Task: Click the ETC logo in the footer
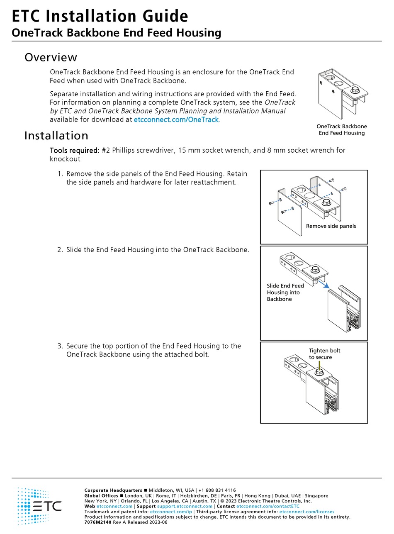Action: click(x=39, y=506)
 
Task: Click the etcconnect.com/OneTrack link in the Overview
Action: click(x=176, y=120)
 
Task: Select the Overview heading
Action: click(x=51, y=57)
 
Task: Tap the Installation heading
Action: click(x=56, y=136)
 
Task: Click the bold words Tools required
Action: click(x=75, y=150)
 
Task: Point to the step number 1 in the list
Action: click(x=60, y=174)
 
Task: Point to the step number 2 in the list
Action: click(x=60, y=250)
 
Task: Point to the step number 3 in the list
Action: click(x=60, y=346)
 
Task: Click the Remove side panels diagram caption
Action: click(x=331, y=226)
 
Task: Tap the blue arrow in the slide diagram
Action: click(x=324, y=284)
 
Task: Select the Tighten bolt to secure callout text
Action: click(x=324, y=354)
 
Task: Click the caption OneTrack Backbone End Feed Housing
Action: click(x=341, y=129)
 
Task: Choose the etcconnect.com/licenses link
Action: click(x=306, y=512)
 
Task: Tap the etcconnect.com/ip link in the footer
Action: click(x=171, y=512)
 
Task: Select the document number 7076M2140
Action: click(x=98, y=522)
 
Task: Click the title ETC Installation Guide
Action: click(x=100, y=16)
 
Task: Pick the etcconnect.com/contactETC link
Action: click(x=268, y=506)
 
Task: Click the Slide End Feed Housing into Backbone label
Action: click(x=285, y=292)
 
